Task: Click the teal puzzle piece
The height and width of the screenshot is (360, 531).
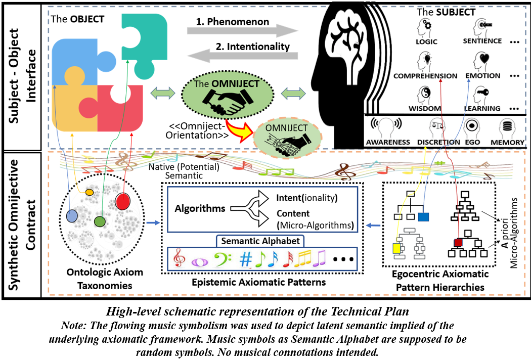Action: click(147, 43)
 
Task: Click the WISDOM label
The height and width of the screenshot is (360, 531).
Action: click(424, 109)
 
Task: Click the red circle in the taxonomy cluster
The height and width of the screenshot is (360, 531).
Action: click(122, 200)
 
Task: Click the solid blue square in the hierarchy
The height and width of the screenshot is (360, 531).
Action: click(423, 217)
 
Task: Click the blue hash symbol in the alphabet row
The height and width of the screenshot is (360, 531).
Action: click(246, 259)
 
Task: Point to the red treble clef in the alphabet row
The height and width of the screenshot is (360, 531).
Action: click(179, 259)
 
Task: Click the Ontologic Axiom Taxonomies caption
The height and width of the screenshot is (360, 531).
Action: click(105, 279)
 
